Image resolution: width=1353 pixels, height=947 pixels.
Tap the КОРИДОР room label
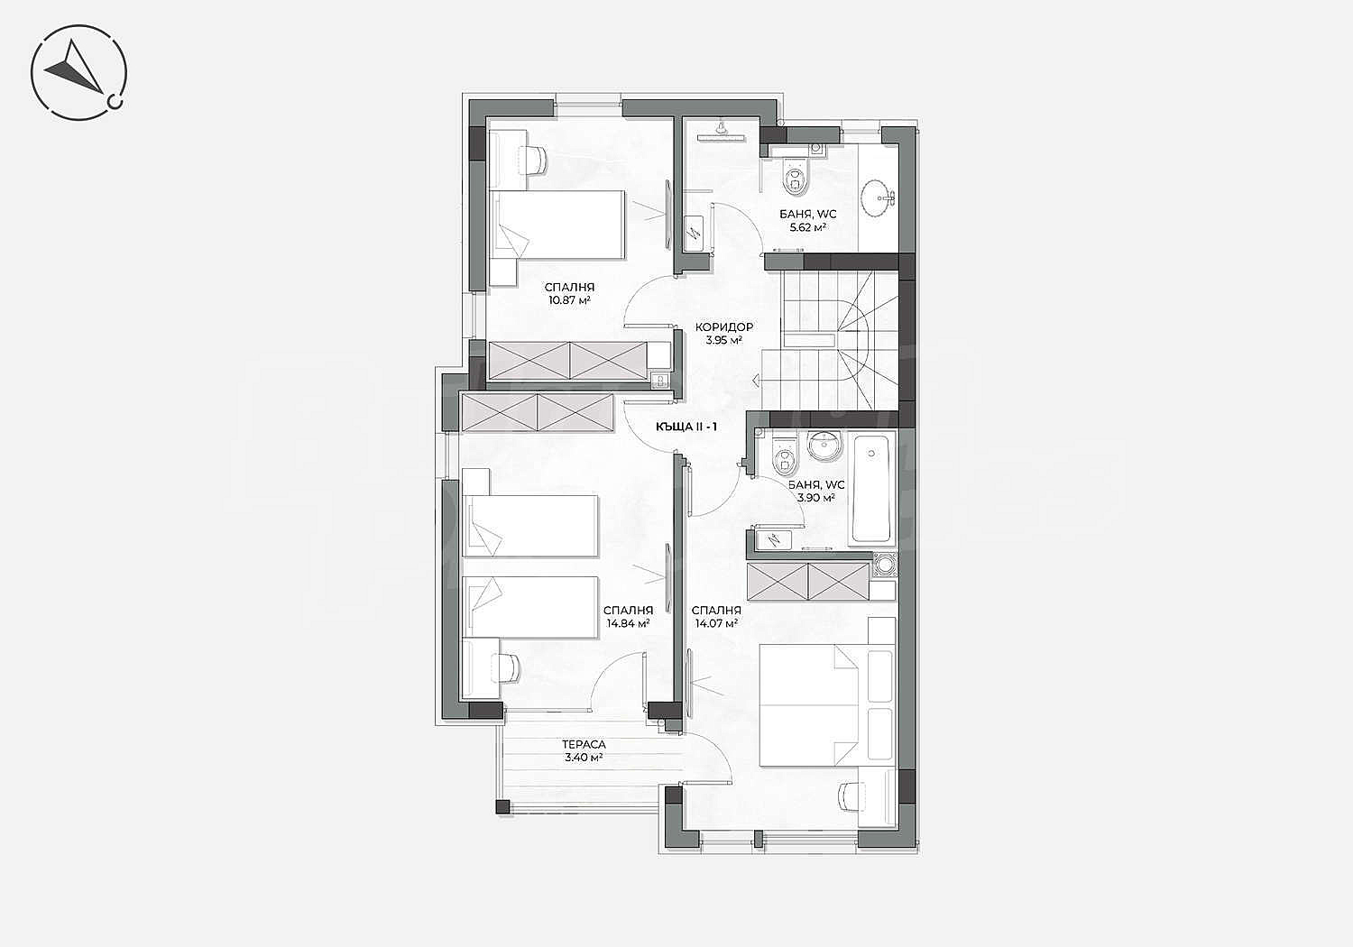tap(723, 327)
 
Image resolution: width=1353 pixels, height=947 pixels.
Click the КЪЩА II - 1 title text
tap(686, 427)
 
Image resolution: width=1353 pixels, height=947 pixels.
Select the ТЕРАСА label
tap(584, 745)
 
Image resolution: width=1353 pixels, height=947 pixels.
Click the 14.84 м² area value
tap(628, 624)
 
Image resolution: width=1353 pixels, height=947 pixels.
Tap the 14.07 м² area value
tap(716, 624)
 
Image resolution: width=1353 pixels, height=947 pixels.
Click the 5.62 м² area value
tap(807, 227)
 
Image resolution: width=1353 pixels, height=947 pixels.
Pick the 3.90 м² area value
tap(816, 498)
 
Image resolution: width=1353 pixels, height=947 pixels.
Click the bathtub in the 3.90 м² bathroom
tap(870, 488)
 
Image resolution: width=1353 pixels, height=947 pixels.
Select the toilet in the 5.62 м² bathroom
tap(795, 175)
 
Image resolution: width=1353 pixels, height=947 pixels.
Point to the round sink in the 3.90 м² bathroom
tap(824, 447)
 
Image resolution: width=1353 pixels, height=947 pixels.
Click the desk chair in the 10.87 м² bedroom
tap(534, 160)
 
